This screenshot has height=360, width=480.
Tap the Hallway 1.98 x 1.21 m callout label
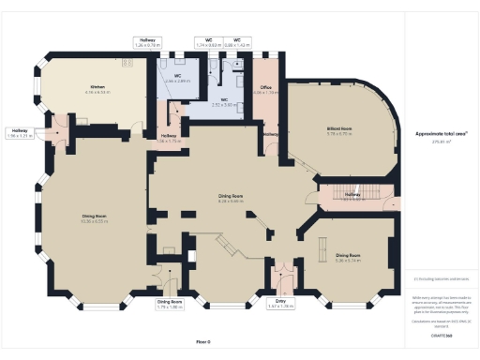20,132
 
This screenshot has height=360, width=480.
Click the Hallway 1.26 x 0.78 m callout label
148,42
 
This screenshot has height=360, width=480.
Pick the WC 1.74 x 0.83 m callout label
208,42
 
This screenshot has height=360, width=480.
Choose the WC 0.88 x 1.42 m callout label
237,42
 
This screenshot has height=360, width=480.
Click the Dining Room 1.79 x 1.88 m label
169,302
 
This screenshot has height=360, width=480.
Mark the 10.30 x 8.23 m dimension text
97,221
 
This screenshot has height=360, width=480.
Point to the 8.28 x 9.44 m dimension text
231,201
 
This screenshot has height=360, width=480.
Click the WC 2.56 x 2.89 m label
176,78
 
